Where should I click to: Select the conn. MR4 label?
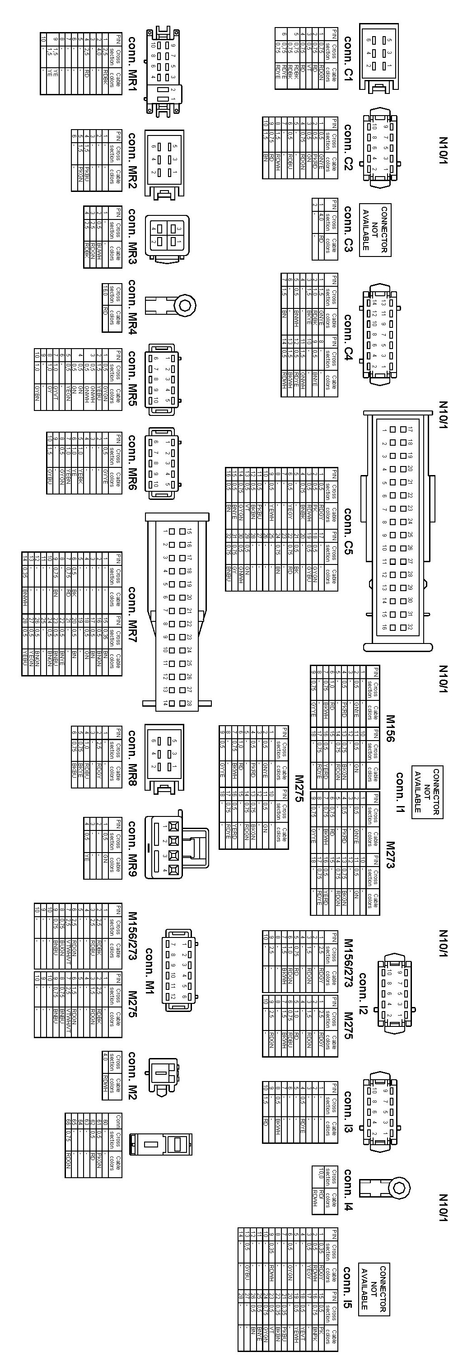point(132,307)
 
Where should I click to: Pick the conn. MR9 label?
point(132,849)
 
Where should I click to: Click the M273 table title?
point(390,854)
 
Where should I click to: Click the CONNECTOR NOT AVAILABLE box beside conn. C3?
point(374,229)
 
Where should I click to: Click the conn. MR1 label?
point(132,64)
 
